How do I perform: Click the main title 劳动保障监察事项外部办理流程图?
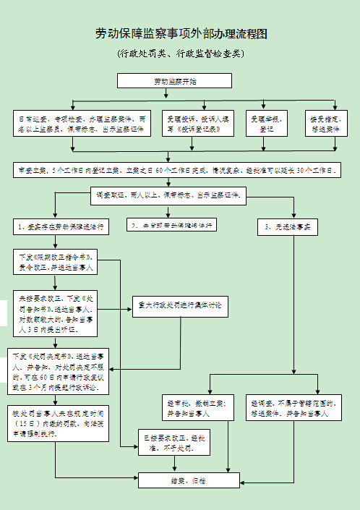(181, 33)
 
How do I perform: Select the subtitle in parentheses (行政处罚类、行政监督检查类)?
(181, 54)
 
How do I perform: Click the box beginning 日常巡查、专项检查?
(84, 123)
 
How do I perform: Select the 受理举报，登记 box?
(266, 123)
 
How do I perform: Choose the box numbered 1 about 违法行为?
(62, 226)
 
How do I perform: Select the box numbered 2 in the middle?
(172, 226)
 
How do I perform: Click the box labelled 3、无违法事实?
(287, 226)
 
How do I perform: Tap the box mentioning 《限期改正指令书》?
(55, 262)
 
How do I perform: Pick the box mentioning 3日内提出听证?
(55, 313)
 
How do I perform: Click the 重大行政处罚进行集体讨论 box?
(180, 305)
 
